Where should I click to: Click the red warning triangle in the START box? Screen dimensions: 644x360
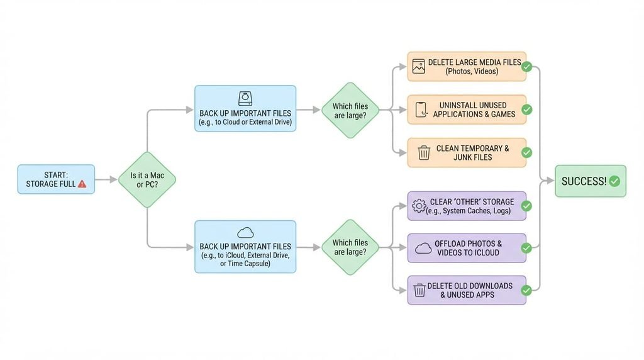[82, 184]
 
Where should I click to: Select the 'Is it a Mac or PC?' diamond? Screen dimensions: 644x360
[147, 179]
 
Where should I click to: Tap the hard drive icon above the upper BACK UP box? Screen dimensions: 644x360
[245, 99]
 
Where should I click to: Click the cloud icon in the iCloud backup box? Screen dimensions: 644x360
[245, 233]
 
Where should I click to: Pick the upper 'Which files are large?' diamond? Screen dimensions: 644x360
[350, 110]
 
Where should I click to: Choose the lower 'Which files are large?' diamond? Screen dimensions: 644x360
[350, 247]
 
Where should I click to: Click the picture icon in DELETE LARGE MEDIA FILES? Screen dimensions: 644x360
[418, 67]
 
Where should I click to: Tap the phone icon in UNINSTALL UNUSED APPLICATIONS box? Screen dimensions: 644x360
[421, 110]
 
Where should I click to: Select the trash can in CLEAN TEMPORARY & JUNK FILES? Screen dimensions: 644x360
[424, 152]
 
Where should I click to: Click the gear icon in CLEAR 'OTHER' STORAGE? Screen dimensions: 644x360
[419, 205]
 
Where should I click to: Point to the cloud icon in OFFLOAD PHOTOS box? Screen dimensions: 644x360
[423, 248]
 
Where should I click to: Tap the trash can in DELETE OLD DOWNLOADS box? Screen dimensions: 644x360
[419, 290]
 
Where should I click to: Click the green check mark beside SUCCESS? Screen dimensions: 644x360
[614, 181]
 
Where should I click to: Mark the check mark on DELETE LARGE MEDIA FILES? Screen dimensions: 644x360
[526, 67]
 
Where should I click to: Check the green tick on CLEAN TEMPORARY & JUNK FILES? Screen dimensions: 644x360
[526, 152]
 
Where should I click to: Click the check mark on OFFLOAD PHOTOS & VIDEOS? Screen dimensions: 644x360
[526, 248]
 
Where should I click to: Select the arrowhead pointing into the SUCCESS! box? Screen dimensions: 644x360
[550, 181]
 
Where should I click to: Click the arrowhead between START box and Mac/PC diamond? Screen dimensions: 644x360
[113, 179]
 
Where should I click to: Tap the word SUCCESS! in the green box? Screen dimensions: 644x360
[584, 181]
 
